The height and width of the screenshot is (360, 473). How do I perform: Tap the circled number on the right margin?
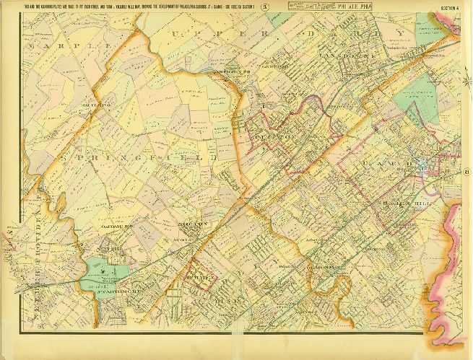coord(467,172)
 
